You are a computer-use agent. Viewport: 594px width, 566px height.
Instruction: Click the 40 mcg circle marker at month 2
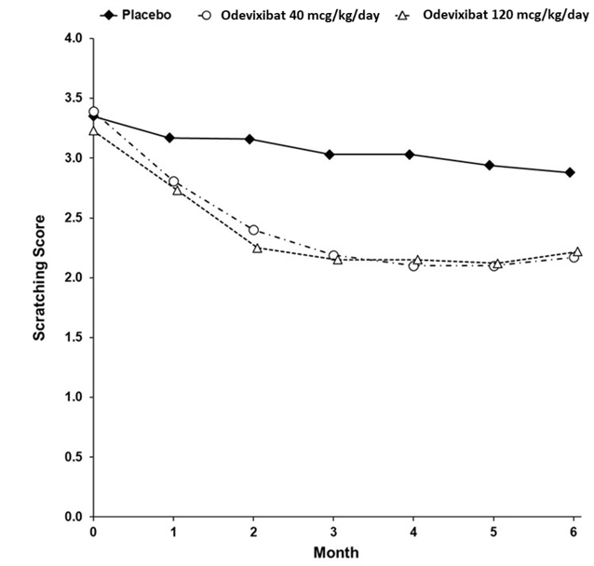pyautogui.click(x=252, y=229)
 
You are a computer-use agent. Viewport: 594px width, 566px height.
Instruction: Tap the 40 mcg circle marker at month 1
pyautogui.click(x=173, y=182)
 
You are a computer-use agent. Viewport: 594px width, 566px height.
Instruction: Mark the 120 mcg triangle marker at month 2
pyautogui.click(x=257, y=247)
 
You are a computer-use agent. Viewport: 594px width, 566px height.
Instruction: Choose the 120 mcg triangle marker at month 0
pyautogui.click(x=94, y=130)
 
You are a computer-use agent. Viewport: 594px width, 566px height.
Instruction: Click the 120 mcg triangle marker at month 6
pyautogui.click(x=577, y=251)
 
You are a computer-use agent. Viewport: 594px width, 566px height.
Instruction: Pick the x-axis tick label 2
pyautogui.click(x=252, y=531)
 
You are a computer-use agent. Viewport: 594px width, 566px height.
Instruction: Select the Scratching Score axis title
pyautogui.click(x=40, y=277)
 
